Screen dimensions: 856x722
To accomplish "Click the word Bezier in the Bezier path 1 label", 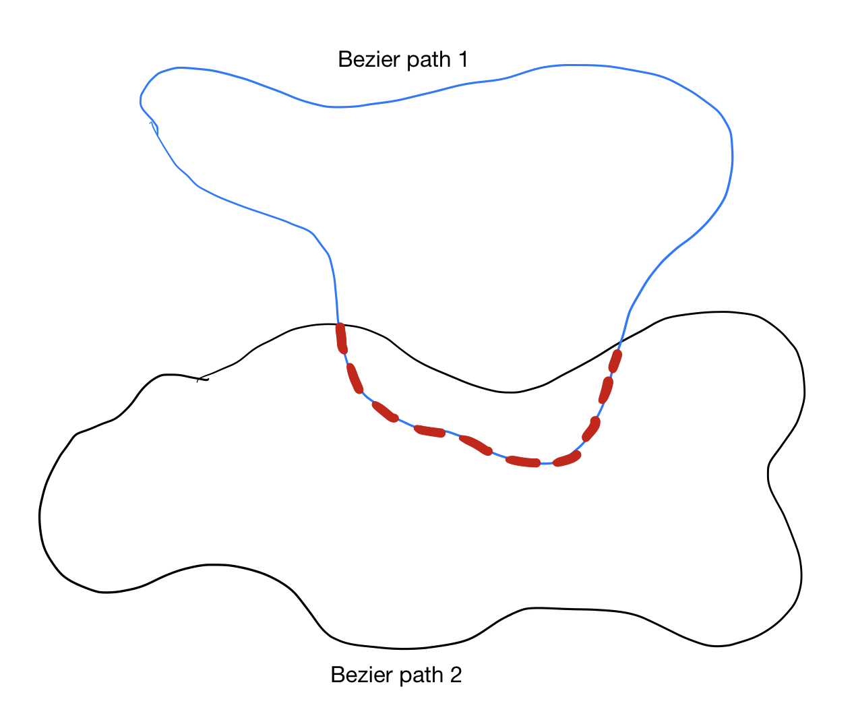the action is coord(369,59).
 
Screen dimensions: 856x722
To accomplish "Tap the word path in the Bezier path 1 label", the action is coord(429,60).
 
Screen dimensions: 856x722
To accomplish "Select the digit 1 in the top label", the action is coord(463,59).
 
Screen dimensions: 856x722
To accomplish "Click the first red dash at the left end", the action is coord(342,338).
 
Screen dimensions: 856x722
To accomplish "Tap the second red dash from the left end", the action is coord(355,378).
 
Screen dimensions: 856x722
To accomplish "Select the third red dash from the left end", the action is coord(385,412).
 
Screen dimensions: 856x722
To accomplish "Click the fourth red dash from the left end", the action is coord(429,431).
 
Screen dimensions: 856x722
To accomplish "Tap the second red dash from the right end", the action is coord(606,390).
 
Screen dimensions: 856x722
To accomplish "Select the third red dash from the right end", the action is coord(591,429).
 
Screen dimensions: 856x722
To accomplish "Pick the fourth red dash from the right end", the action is coord(567,458).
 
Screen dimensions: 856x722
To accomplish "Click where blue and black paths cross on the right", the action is coord(621,341).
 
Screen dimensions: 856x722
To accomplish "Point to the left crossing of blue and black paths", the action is coord(338,324).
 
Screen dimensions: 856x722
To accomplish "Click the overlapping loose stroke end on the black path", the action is coord(202,379).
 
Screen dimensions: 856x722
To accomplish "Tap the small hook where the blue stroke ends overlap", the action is coord(154,127).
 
